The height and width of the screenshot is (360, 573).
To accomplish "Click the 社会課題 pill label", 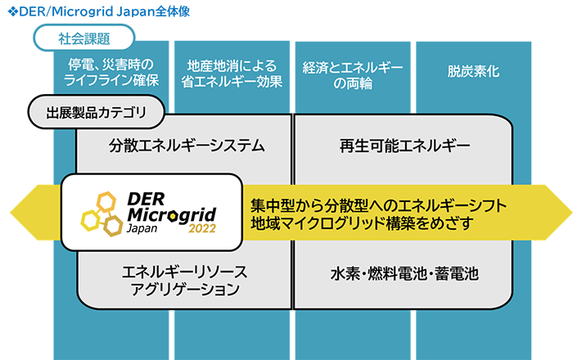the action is (x=84, y=38).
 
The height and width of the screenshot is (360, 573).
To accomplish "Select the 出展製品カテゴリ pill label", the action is (x=96, y=112).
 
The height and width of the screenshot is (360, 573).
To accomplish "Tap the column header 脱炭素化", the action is (x=473, y=71).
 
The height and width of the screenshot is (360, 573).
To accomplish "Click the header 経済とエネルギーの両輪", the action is (x=353, y=75).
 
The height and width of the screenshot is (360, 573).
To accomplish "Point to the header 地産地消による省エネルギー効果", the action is (x=232, y=74).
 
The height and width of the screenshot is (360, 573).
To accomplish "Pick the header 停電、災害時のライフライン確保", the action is (x=111, y=72).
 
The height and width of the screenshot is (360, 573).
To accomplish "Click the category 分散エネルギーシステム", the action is (x=187, y=146).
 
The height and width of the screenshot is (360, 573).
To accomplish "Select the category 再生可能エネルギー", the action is (x=404, y=146).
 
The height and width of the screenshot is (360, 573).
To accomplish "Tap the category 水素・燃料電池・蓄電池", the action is (x=404, y=274).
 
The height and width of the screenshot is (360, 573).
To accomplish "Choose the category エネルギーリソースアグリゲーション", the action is (x=185, y=281).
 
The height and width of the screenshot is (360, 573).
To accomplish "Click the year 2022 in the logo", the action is (x=202, y=228).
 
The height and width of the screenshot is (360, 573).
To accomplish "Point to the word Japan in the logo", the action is (x=142, y=229).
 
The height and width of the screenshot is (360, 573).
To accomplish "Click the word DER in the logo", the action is (x=147, y=200).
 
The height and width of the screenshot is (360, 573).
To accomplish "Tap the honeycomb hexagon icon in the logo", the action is (x=102, y=214).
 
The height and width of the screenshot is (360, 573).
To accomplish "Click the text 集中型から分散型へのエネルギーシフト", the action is (x=378, y=205).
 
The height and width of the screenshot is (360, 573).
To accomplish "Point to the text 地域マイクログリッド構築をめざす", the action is (x=362, y=223).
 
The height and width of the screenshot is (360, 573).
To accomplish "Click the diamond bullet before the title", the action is (x=13, y=11).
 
